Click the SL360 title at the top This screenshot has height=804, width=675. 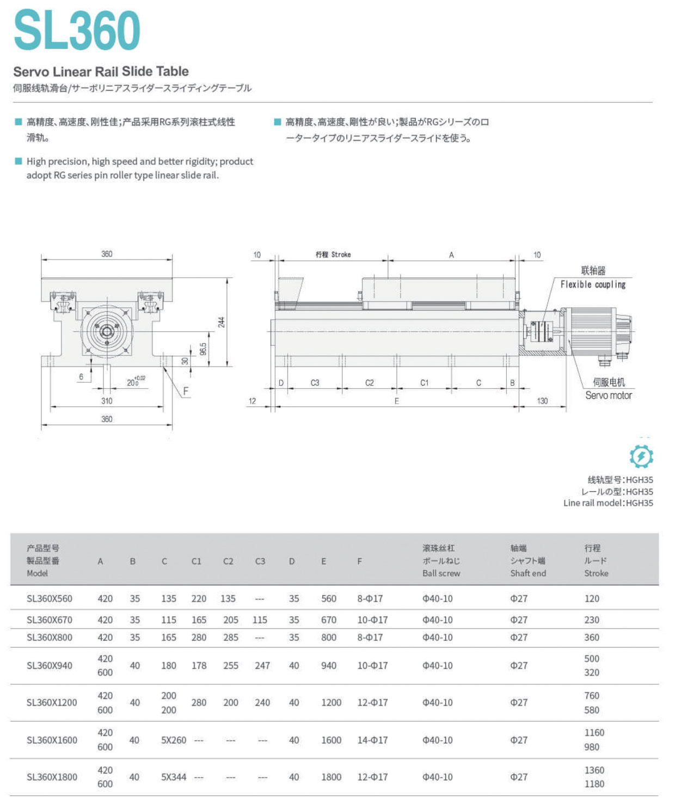pos(77,30)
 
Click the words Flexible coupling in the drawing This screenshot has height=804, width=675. pos(593,285)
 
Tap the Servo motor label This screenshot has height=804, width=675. pos(609,395)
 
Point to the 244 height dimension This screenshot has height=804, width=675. pos(222,322)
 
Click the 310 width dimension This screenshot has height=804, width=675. pos(107,401)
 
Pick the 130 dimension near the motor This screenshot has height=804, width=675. pos(542,401)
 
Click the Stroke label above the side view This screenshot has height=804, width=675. pos(333,255)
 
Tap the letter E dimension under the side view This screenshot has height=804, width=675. pos(397,401)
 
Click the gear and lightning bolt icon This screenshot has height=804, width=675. pos(641,456)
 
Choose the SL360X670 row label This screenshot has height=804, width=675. pos(50,620)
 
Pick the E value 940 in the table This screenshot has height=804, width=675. pos(329,665)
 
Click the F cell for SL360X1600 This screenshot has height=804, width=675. pos(372,740)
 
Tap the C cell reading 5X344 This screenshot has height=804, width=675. pos(174,777)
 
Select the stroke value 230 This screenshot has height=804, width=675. pos(592,620)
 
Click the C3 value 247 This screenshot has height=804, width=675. pos(262,665)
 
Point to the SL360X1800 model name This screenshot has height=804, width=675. pos(52,777)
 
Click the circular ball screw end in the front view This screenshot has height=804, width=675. pos(106,331)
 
